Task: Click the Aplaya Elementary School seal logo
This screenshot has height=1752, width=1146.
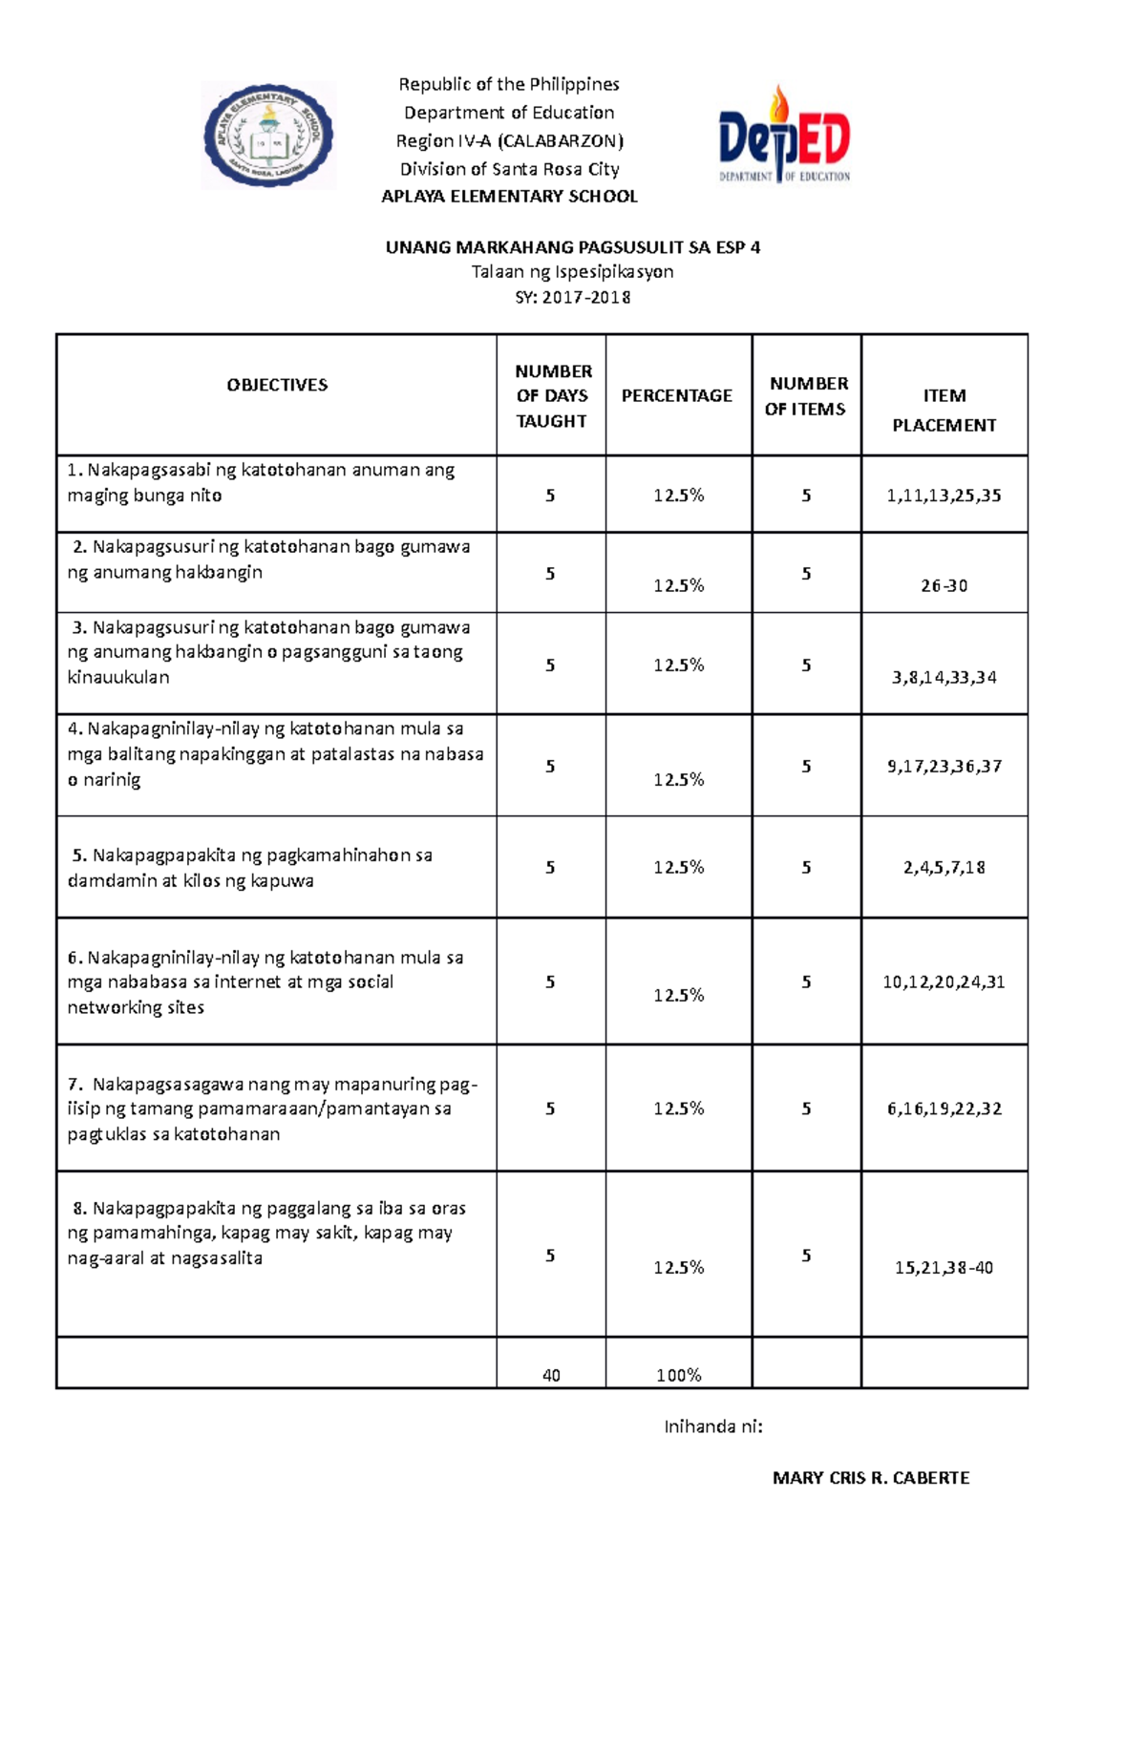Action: (268, 135)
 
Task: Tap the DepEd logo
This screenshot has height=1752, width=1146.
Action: (784, 135)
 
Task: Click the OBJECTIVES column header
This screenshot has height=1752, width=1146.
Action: (277, 385)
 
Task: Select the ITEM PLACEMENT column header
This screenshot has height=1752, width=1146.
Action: (944, 410)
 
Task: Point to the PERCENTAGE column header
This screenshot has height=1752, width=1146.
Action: (677, 395)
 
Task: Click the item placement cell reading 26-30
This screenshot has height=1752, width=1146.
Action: (944, 585)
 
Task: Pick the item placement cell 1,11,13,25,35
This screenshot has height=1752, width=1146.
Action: (944, 496)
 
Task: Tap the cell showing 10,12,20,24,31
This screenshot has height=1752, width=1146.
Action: (944, 982)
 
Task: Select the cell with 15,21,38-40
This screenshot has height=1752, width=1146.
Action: (944, 1268)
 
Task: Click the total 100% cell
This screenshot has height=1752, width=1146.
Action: (678, 1375)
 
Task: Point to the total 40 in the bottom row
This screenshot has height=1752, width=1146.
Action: (551, 1375)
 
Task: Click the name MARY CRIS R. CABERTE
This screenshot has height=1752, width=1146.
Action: (870, 1478)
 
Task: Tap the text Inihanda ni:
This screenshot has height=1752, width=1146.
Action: (713, 1426)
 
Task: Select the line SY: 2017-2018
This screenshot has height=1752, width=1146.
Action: (572, 297)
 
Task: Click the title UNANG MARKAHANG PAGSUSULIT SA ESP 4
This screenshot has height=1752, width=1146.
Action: (572, 247)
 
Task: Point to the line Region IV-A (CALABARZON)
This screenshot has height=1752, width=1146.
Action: (509, 141)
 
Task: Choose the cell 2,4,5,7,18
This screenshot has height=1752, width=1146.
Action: (944, 867)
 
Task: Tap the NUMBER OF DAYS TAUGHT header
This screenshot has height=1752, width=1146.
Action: (552, 395)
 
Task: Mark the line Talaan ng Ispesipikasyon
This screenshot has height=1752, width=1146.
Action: (572, 272)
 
